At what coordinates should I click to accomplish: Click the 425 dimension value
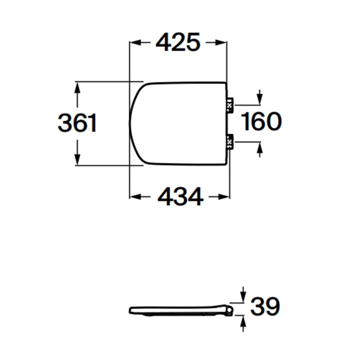click(178, 42)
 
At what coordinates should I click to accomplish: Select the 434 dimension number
click(180, 196)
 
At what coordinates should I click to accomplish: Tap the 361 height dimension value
click(77, 123)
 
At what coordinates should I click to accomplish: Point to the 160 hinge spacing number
click(261, 121)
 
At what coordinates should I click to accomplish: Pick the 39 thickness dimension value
click(265, 306)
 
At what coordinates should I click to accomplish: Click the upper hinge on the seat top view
click(230, 105)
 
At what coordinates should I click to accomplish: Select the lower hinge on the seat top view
click(230, 142)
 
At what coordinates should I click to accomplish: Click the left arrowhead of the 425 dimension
click(135, 42)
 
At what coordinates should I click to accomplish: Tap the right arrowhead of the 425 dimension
click(221, 42)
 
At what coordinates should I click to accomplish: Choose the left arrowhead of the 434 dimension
click(135, 197)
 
